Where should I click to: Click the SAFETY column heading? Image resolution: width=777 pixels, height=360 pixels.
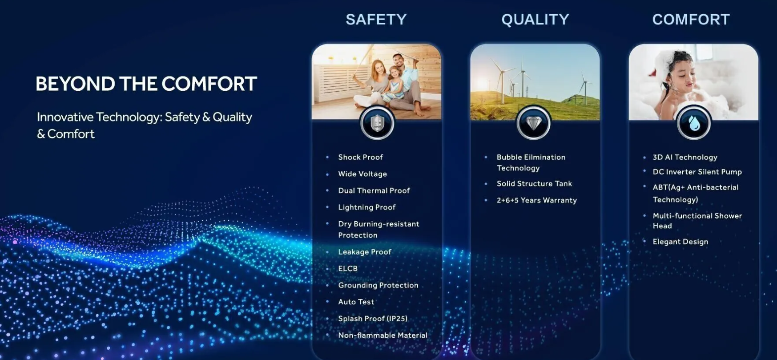[376, 20]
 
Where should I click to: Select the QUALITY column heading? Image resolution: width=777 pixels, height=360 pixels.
[535, 20]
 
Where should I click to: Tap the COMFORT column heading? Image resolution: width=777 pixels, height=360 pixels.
[691, 20]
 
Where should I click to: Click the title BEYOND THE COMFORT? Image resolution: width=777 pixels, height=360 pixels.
[146, 84]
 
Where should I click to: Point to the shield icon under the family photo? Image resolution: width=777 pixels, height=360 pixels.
[377, 122]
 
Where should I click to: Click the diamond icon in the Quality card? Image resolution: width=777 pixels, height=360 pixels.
[534, 122]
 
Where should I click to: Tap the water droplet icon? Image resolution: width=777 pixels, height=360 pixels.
[694, 122]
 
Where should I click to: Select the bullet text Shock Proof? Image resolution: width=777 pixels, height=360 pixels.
[360, 157]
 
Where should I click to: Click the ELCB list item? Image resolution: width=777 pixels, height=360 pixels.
[348, 268]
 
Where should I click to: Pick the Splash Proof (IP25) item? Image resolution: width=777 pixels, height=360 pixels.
[373, 319]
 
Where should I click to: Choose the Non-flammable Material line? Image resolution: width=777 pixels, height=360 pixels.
[382, 335]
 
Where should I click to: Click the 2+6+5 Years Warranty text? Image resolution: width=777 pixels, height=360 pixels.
[537, 200]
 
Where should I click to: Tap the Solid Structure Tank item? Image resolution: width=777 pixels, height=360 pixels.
[534, 183]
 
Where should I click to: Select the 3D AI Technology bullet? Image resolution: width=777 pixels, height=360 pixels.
[685, 157]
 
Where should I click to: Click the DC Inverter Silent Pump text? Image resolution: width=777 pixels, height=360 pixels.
[697, 172]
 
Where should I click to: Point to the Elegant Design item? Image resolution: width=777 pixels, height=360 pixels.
[680, 242]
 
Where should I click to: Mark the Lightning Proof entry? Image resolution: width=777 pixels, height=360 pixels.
[367, 207]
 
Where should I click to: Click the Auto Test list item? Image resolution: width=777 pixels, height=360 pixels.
[356, 302]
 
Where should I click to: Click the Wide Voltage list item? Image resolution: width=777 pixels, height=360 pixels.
[362, 174]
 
